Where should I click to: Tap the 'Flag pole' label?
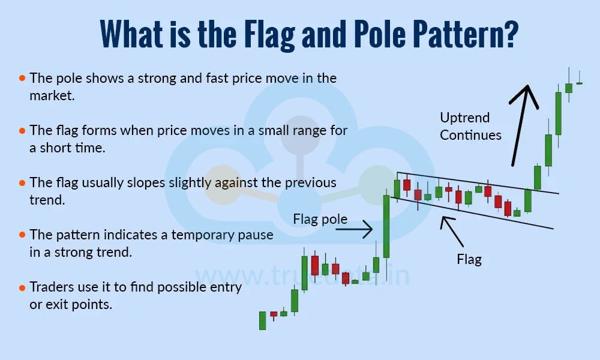pos(320,219)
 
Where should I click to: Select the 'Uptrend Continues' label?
pos(470,126)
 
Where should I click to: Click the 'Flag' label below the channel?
pos(469,260)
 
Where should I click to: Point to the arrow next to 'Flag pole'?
pos(360,229)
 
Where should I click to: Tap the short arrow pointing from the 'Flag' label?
pos(452,231)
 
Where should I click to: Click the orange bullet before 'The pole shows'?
pos(22,78)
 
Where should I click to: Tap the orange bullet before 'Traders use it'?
pos(22,287)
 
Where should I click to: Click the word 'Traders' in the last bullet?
pos(51,287)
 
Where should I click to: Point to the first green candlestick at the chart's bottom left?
pos(262,320)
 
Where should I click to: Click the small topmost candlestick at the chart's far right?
pos(579,83)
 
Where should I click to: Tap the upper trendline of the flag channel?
pos(480,183)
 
